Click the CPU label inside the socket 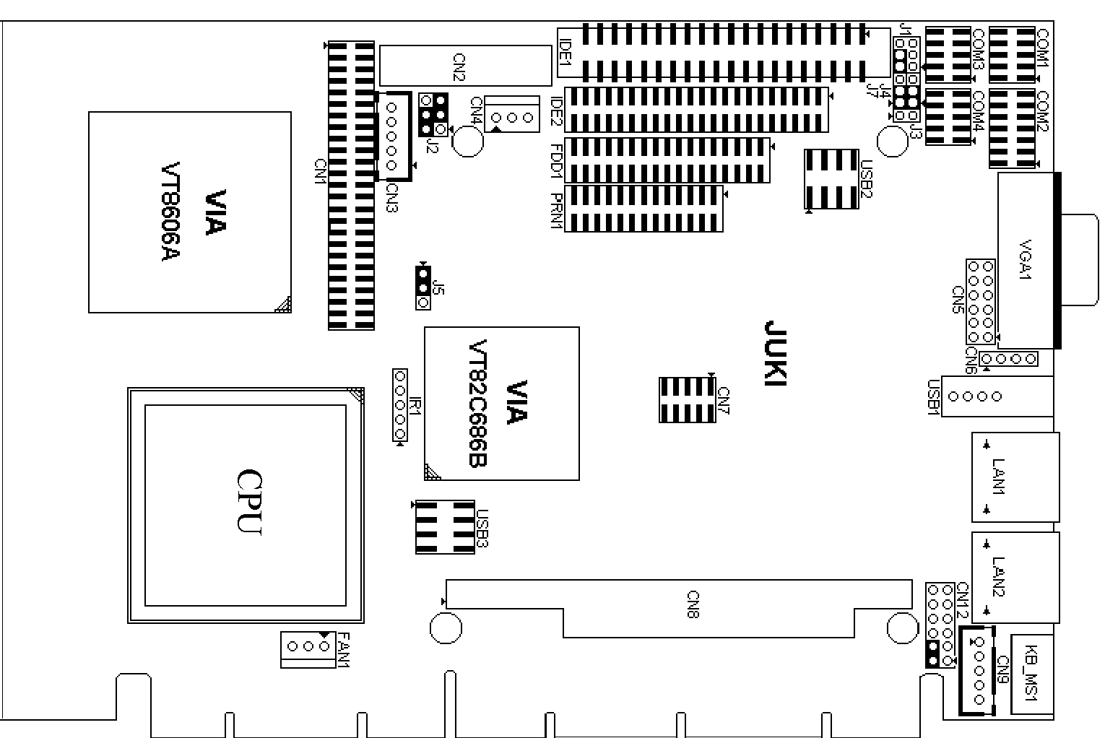point(249,501)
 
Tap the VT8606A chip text point(170,211)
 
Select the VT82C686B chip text point(478,403)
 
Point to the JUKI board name point(776,353)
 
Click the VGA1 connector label point(1025,259)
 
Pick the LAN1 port point(1015,477)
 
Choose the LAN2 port point(1015,577)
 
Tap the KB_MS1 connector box point(1032,674)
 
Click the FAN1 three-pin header point(308,649)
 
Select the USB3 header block point(445,527)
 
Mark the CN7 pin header point(688,399)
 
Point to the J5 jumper point(423,288)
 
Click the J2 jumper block point(433,115)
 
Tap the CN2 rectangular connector point(466,66)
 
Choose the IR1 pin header point(400,404)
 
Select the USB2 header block point(831,178)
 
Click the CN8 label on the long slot point(693,604)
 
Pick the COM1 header point(1012,55)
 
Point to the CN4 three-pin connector point(512,114)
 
